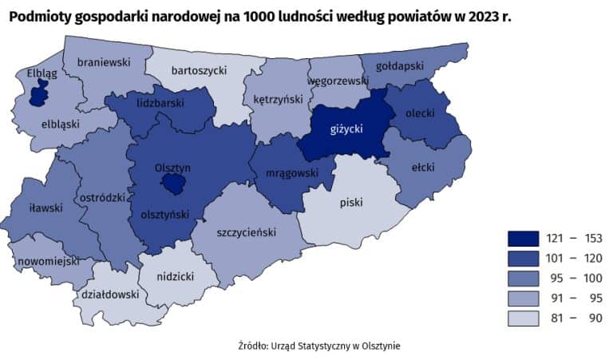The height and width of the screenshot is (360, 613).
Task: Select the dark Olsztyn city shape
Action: click(172, 185)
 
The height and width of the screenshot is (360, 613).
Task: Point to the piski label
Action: click(351, 203)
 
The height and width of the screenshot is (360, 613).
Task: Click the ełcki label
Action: click(422, 168)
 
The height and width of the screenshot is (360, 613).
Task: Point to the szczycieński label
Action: click(246, 232)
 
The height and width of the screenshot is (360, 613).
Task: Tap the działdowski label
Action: click(106, 294)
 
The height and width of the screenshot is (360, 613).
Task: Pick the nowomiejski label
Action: click(47, 261)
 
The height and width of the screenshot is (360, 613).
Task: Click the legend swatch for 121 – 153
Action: click(523, 238)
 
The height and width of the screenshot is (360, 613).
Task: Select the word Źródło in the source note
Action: click(253, 346)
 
